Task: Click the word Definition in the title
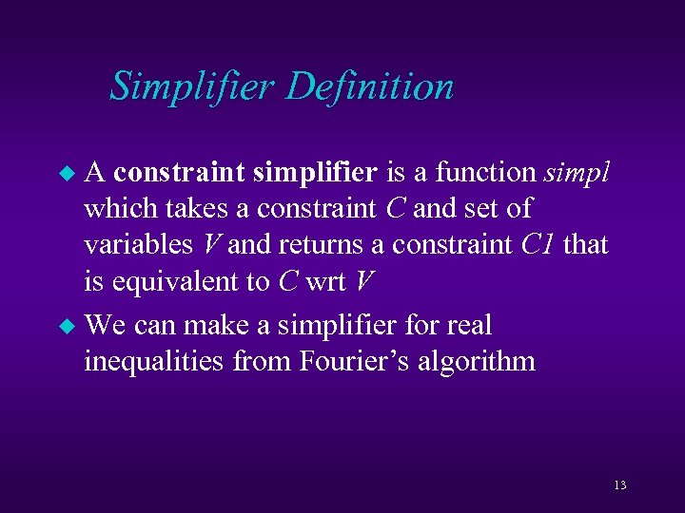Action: (x=369, y=86)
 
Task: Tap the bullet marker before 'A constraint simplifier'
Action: (x=66, y=174)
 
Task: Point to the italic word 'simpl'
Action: (x=577, y=173)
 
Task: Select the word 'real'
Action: (x=470, y=326)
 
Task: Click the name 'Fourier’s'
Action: (x=342, y=362)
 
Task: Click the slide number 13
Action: (x=619, y=485)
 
